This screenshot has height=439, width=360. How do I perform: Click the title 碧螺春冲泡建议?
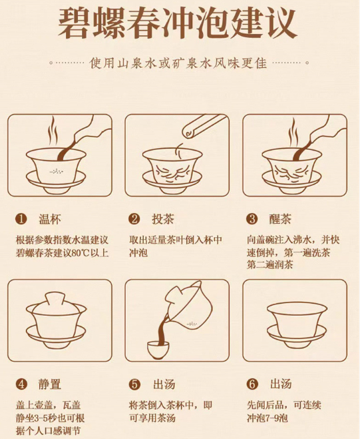point(178,23)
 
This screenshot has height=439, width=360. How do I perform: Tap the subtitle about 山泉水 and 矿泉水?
point(178,63)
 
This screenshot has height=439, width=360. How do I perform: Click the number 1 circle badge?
point(21,219)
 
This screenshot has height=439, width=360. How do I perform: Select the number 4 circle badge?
point(21,384)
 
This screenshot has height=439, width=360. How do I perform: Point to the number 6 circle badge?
point(252,384)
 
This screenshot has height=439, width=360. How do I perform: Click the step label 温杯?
point(50,219)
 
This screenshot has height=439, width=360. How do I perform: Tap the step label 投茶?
point(163,219)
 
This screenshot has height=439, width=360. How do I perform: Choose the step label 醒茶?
point(280,219)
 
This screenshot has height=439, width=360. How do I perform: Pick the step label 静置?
point(49,384)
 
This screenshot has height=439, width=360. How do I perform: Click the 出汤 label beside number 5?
point(164,384)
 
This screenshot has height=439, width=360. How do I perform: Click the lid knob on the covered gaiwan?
point(55,299)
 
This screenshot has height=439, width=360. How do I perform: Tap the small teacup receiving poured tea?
point(158,350)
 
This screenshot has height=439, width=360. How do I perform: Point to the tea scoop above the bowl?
point(204,125)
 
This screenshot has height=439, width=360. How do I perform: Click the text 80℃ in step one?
point(80,253)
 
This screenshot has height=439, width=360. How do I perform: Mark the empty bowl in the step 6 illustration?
point(297,325)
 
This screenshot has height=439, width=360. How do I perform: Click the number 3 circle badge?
point(252,219)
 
